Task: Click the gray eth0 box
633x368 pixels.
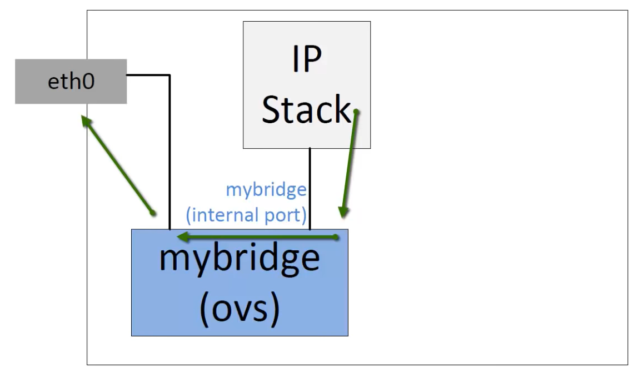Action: pos(71,82)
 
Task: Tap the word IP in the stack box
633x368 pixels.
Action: pos(306,59)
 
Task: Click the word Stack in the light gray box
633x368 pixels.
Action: pos(306,109)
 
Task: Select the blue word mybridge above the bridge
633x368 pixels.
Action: pos(266,190)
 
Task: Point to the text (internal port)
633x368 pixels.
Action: pos(245,214)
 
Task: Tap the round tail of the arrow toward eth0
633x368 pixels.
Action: pos(153,213)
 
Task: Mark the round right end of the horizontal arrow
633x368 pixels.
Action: pos(336,238)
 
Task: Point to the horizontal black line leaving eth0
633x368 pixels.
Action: pos(148,74)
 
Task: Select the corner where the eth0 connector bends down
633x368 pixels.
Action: pos(169,74)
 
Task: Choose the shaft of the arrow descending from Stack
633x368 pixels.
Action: pos(350,161)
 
